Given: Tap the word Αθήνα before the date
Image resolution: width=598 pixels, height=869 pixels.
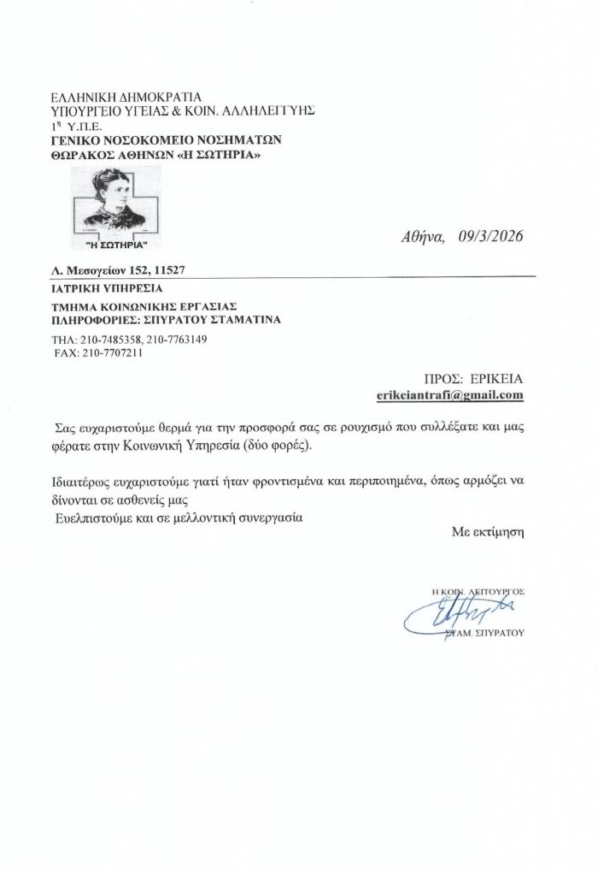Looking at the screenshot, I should click(424, 237).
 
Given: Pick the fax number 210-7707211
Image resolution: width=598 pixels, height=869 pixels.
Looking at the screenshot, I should click(107, 352).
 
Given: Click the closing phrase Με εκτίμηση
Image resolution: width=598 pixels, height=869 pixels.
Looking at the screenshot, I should click(487, 531).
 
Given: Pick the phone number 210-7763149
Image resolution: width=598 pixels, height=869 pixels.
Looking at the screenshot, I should click(177, 340).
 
